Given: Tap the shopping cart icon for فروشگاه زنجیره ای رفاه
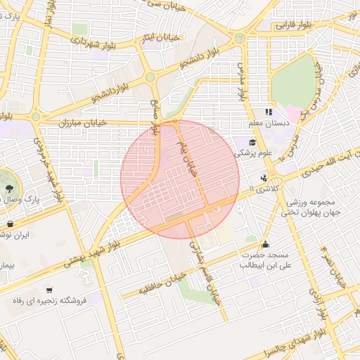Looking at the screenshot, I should point(49,290).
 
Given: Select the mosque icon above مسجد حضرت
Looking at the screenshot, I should point(265,244).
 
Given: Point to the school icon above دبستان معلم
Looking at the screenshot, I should point(268,112).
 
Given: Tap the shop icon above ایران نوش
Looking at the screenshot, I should point(10,224).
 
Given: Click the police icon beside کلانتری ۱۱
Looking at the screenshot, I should point(264,177).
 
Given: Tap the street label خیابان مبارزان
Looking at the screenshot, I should point(83,122).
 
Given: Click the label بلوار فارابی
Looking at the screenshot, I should point(293,25).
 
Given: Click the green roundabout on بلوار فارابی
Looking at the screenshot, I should point(240,38).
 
